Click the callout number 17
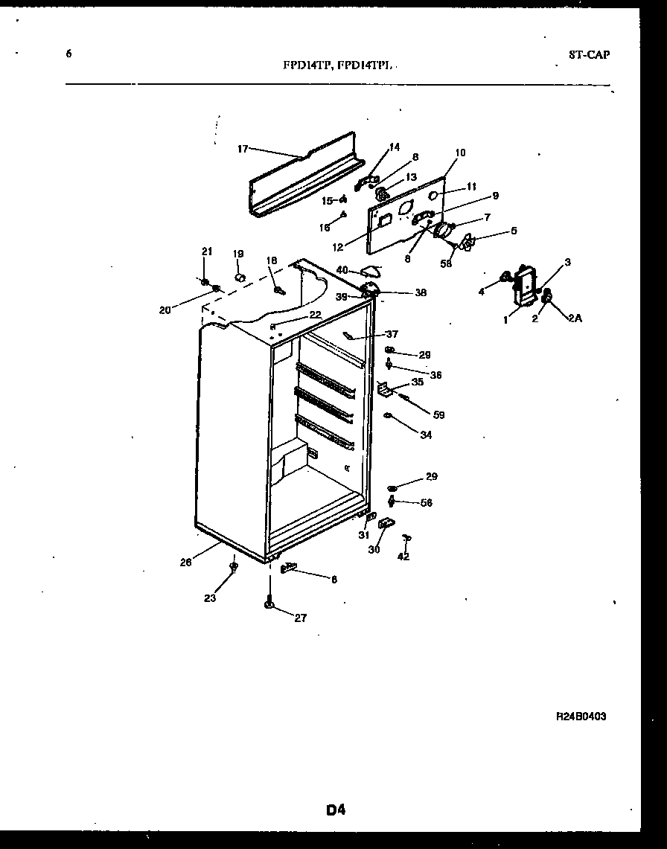pos(243,149)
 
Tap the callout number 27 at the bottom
pos(300,617)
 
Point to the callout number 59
pos(438,414)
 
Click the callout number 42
pos(403,556)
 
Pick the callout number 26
pos(185,563)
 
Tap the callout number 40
pos(341,269)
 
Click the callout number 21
pos(207,252)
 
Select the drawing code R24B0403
pos(586,717)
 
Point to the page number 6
pos(68,54)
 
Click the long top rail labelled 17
pos(305,179)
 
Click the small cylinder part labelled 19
pos(240,278)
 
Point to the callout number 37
pos(392,334)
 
